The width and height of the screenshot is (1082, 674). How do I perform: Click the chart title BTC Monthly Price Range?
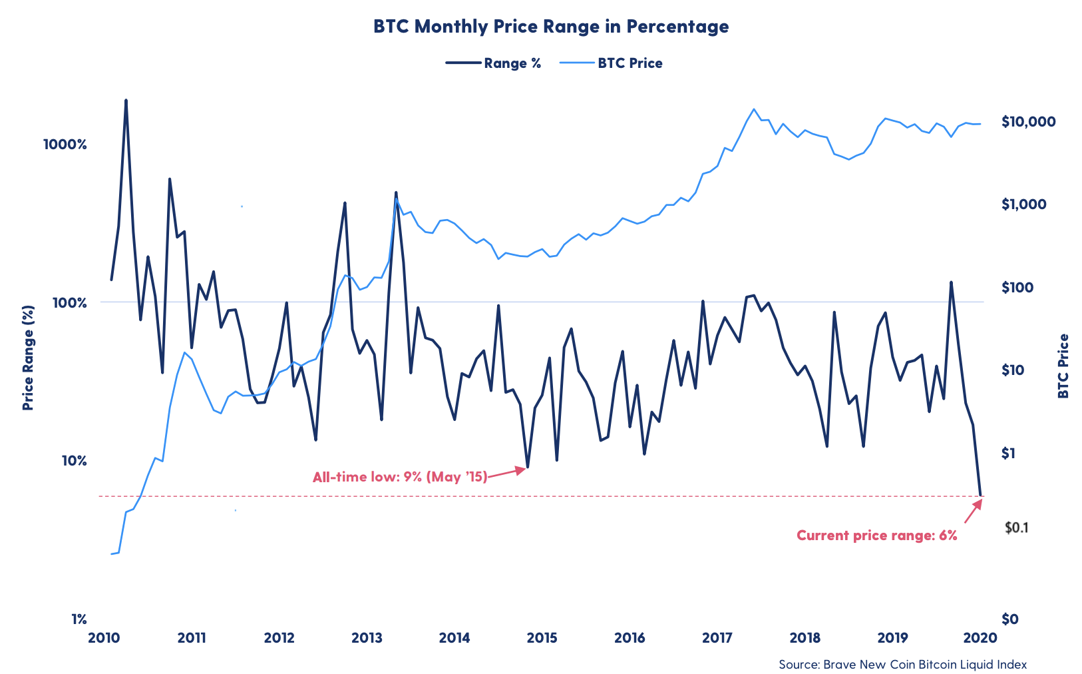[x=550, y=27]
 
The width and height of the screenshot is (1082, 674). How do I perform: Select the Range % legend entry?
[x=493, y=63]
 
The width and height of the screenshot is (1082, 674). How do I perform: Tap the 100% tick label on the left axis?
[x=69, y=302]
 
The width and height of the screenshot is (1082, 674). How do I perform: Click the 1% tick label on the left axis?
[x=79, y=619]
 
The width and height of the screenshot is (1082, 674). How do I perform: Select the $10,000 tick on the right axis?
[x=1028, y=121]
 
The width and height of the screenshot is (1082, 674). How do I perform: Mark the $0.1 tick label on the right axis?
[x=1017, y=527]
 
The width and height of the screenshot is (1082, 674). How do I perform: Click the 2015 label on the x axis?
[x=542, y=638]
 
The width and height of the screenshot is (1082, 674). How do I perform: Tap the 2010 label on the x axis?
[x=103, y=638]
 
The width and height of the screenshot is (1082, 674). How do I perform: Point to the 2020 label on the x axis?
[x=980, y=638]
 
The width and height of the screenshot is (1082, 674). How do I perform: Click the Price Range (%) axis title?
[x=28, y=358]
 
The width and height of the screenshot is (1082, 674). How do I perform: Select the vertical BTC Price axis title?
[x=1063, y=366]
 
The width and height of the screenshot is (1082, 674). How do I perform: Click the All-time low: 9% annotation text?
[x=399, y=477]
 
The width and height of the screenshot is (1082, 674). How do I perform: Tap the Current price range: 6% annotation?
[x=876, y=535]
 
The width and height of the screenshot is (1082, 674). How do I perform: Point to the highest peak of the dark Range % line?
[x=126, y=101]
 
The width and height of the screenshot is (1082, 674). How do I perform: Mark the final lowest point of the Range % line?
[x=980, y=495]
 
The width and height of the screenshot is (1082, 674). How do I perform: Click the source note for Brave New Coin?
[x=902, y=664]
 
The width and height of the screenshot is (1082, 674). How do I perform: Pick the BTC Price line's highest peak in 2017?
[x=754, y=109]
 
